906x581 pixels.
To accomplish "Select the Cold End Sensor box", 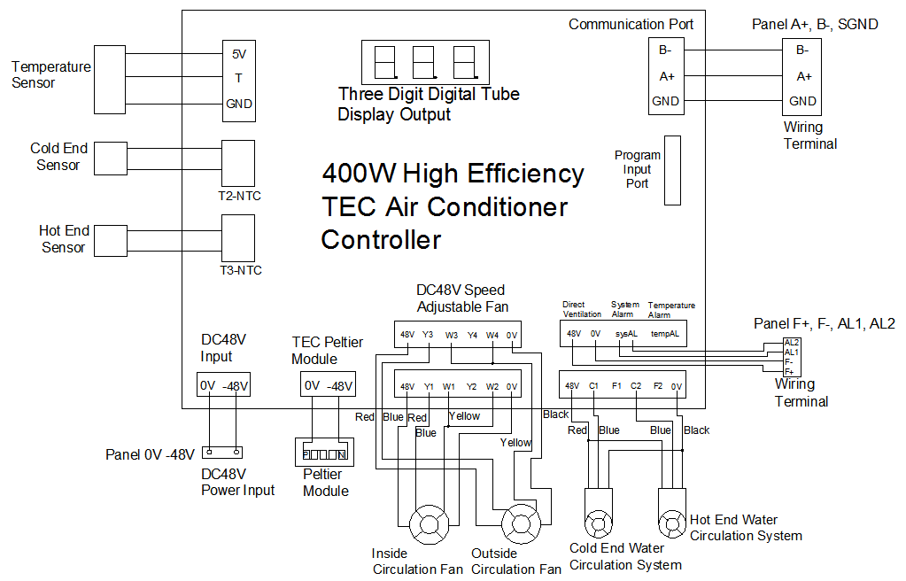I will (x=112, y=159).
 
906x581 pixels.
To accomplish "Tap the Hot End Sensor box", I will (x=111, y=241).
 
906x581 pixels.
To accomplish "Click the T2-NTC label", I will (x=240, y=197).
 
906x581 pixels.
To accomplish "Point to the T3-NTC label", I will (x=240, y=270).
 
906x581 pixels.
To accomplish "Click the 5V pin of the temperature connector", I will (x=239, y=53).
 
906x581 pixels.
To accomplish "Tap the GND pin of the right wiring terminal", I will (x=802, y=101).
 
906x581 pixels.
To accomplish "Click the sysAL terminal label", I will (x=626, y=334).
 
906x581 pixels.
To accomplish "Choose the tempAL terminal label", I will (x=665, y=334).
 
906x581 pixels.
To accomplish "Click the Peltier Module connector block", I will (x=324, y=453).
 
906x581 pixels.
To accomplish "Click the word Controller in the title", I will (x=381, y=239).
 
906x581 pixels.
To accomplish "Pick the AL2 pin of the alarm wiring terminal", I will (x=792, y=342).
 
